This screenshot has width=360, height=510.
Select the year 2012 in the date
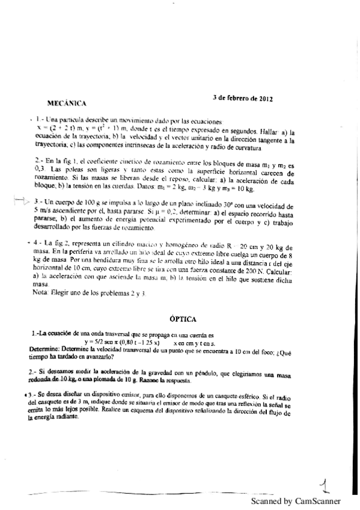pos(265,97)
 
